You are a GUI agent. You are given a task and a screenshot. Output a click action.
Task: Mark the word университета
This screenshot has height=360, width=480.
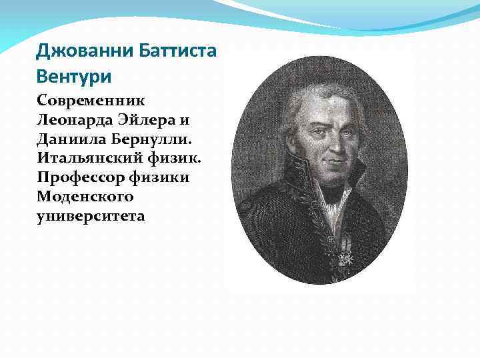coord(91,217)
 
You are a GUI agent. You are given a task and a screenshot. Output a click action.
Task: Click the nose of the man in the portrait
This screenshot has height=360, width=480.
coord(339,143)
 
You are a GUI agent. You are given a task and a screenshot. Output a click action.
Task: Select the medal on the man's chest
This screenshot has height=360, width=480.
coord(345,253)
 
